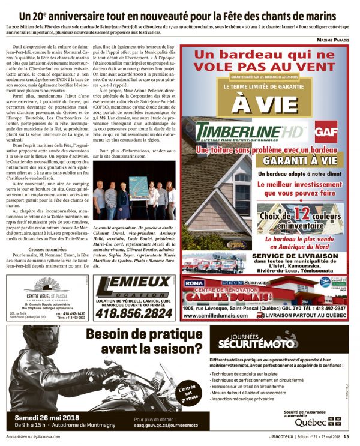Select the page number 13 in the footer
coord(354,436)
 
